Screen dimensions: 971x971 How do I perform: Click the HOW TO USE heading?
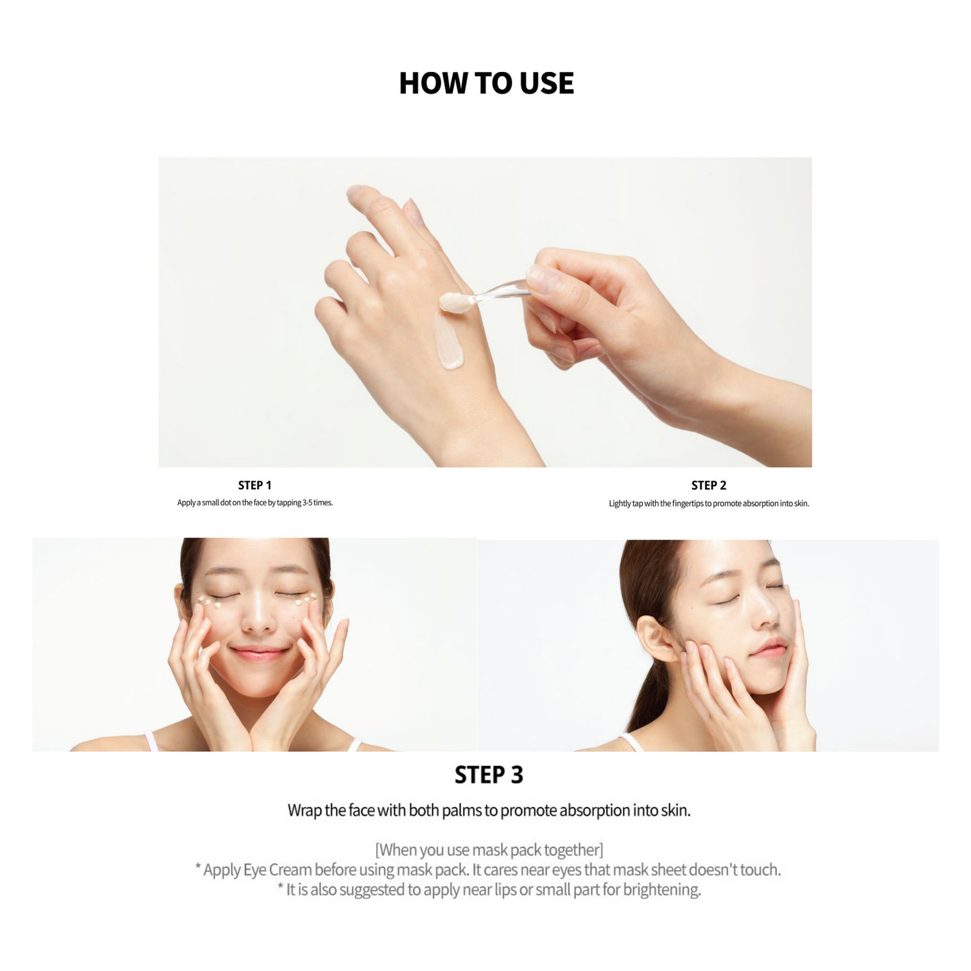[487, 83]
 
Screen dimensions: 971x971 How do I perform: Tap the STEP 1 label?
[255, 485]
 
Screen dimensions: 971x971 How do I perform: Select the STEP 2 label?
[708, 485]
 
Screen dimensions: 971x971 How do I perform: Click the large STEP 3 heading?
[489, 775]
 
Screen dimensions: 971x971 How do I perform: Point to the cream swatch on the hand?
[449, 341]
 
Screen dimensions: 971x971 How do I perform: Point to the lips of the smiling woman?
[258, 654]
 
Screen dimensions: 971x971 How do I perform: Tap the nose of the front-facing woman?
[258, 618]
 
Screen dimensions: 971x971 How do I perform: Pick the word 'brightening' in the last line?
[662, 890]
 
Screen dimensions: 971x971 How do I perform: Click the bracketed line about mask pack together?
[489, 850]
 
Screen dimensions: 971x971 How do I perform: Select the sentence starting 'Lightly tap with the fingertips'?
[709, 503]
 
